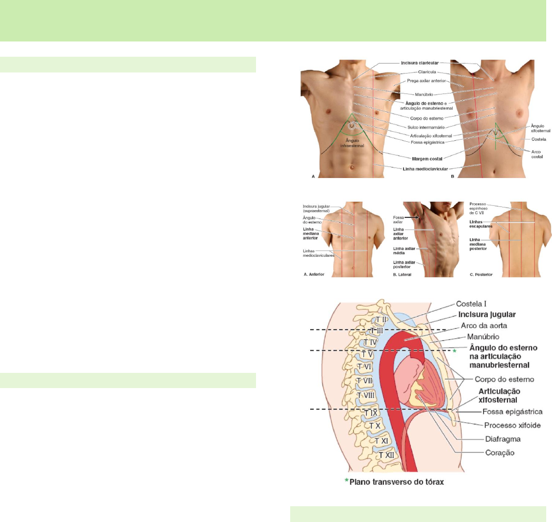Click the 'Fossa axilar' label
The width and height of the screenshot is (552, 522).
coord(399,220)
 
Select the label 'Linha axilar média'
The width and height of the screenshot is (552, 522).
coord(404,250)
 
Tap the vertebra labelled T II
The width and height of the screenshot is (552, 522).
coord(381,319)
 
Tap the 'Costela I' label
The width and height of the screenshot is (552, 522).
coord(475,304)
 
